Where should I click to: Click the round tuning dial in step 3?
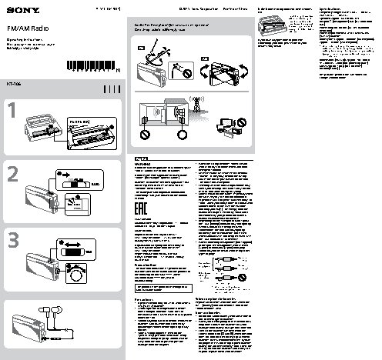click(78, 275)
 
